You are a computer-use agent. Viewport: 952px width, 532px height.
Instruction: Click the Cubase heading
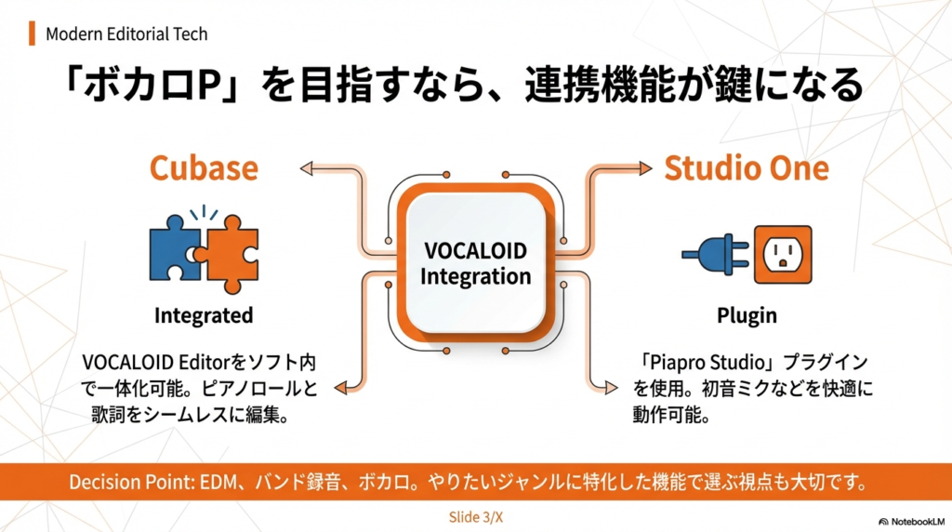(203, 168)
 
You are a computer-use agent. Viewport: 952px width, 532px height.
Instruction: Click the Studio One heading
(746, 168)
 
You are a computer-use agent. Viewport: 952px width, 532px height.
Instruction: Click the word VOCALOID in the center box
(474, 252)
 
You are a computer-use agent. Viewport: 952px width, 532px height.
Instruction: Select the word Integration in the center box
(474, 276)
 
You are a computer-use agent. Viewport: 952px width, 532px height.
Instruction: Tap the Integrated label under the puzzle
(203, 315)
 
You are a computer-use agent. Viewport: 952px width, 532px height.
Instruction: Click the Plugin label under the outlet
(747, 315)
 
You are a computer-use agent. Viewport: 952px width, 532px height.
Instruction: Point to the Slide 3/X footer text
(475, 516)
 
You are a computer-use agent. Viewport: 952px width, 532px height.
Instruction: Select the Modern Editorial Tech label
(126, 34)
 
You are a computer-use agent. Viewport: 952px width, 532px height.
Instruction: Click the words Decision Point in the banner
(126, 483)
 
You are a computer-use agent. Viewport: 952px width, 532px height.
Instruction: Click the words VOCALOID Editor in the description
(148, 362)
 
